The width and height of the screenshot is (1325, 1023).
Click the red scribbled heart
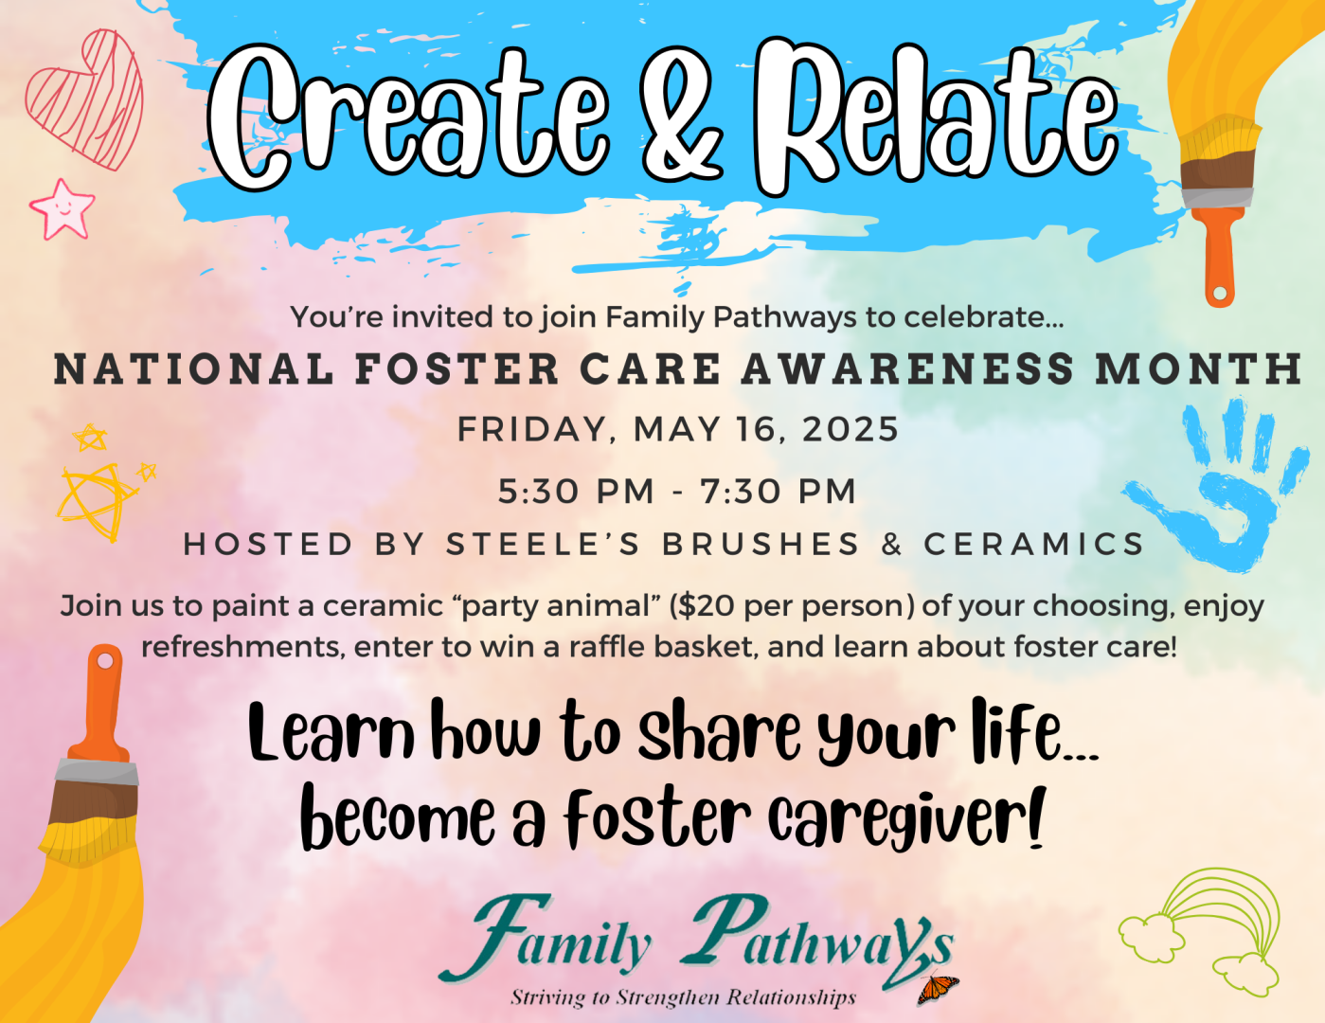pyautogui.click(x=85, y=98)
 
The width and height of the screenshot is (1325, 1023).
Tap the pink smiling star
pyautogui.click(x=63, y=209)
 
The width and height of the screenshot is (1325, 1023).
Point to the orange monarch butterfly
pyautogui.click(x=938, y=989)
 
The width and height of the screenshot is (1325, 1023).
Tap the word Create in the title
pyautogui.click(x=407, y=113)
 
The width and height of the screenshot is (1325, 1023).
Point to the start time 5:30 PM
pyautogui.click(x=576, y=492)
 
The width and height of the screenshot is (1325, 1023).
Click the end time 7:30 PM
pyautogui.click(x=779, y=492)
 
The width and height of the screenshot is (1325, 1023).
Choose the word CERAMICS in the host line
pyautogui.click(x=1034, y=544)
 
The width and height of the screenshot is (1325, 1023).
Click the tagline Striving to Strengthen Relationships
pyautogui.click(x=684, y=998)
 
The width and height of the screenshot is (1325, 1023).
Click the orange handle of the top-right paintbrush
pyautogui.click(x=1219, y=256)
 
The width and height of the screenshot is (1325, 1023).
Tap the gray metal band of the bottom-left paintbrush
pyautogui.click(x=98, y=773)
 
